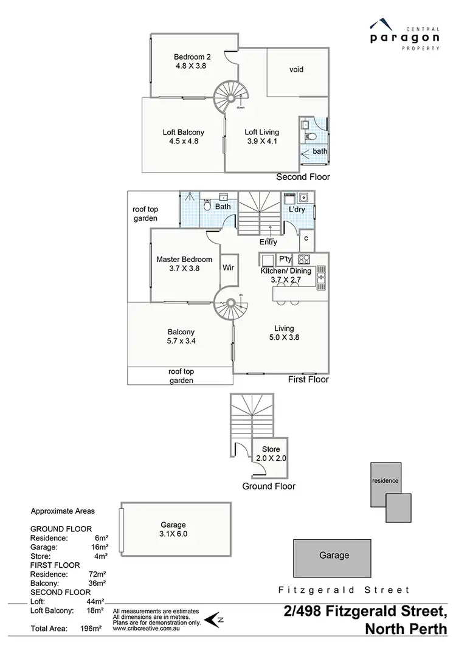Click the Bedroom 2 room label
pos(190,61)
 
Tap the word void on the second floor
pos(296,69)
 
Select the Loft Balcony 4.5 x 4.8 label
pos(183,136)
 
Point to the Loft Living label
pos(261,136)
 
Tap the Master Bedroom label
pos(184,263)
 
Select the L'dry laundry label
pos(297,210)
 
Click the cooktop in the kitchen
pos(305,258)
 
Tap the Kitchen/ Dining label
pos(286,275)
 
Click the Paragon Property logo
pos(404,36)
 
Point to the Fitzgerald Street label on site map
pos(344,590)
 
